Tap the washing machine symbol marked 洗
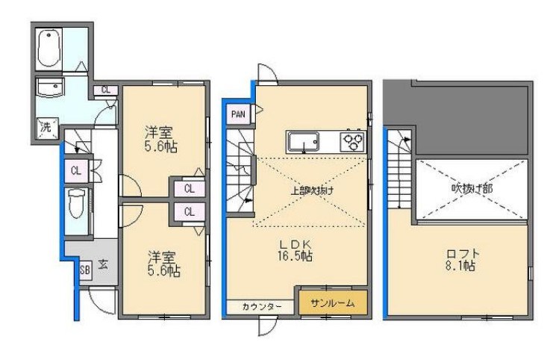(x=46, y=127)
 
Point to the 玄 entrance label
(x=102, y=264)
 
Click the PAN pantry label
(x=238, y=114)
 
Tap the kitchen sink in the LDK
(x=304, y=140)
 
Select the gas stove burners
(x=352, y=140)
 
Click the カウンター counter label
(x=261, y=306)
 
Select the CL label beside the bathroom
(x=106, y=90)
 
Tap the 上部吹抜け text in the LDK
(x=310, y=190)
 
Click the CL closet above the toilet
(x=76, y=170)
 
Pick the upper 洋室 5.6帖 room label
(x=162, y=138)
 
